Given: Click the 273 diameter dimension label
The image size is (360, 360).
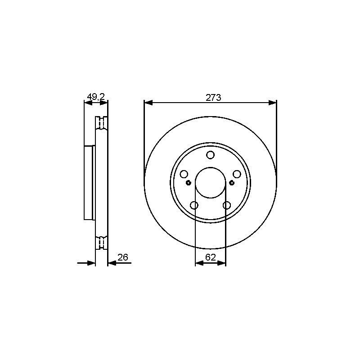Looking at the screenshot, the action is (213, 98).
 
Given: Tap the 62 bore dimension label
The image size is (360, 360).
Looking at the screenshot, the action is (211, 257).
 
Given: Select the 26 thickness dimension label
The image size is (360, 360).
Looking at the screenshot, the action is (122, 257).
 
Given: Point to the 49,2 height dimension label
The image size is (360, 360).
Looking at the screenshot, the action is (96, 97).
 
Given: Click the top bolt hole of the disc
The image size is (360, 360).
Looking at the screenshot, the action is (210, 155).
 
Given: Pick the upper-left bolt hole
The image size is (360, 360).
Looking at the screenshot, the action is (184, 174).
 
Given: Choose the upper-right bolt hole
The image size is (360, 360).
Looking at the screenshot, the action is (237, 174).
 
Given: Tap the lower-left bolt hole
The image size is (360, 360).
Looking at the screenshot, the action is (194, 205).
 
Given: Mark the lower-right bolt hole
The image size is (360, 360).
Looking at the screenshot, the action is (227, 205).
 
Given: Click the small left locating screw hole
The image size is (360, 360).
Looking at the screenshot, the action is (189, 183).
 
